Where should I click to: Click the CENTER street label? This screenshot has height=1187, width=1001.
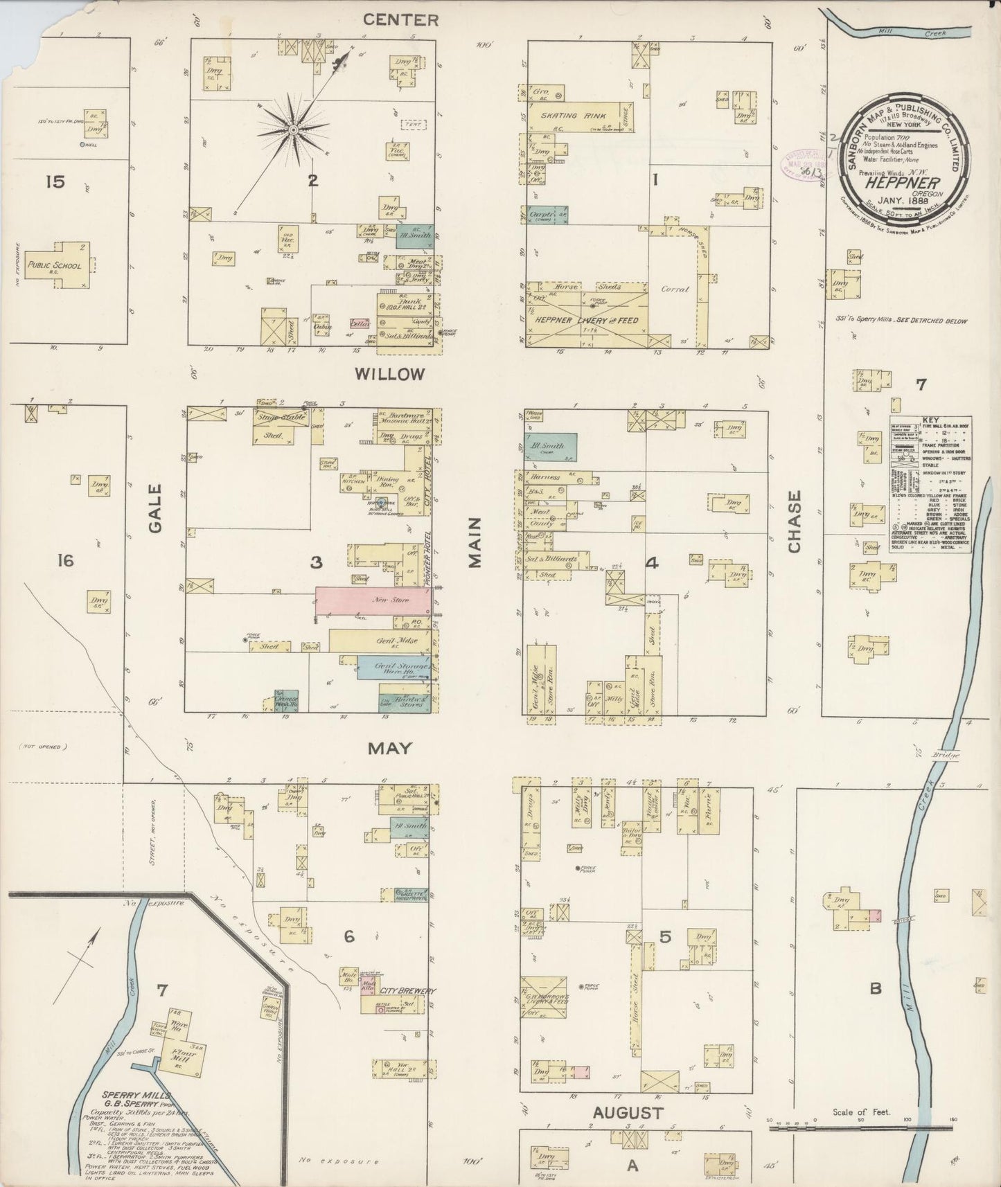402,20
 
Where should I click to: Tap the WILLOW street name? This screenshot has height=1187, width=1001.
389,375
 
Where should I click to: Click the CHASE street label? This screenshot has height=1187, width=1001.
794,522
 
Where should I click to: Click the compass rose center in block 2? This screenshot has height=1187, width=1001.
294,130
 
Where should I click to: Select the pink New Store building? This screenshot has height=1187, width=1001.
374,601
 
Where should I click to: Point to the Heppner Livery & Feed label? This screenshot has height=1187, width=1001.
585,321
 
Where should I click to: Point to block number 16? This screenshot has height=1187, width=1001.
65,561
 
